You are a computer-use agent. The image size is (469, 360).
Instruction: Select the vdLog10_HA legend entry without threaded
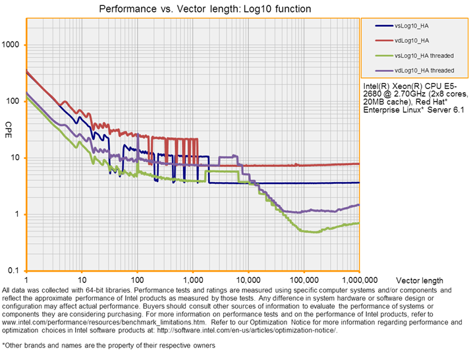[x=410, y=41]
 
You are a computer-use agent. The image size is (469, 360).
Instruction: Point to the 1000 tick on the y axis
[x=13, y=45]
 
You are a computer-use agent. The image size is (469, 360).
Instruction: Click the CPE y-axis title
[x=8, y=125]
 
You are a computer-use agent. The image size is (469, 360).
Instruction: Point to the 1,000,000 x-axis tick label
[x=358, y=280]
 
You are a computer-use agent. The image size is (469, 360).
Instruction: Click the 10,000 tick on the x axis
[x=248, y=280]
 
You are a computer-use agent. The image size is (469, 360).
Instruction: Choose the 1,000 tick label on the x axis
[x=192, y=280]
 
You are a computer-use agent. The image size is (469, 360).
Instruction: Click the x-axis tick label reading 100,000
[x=303, y=280]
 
